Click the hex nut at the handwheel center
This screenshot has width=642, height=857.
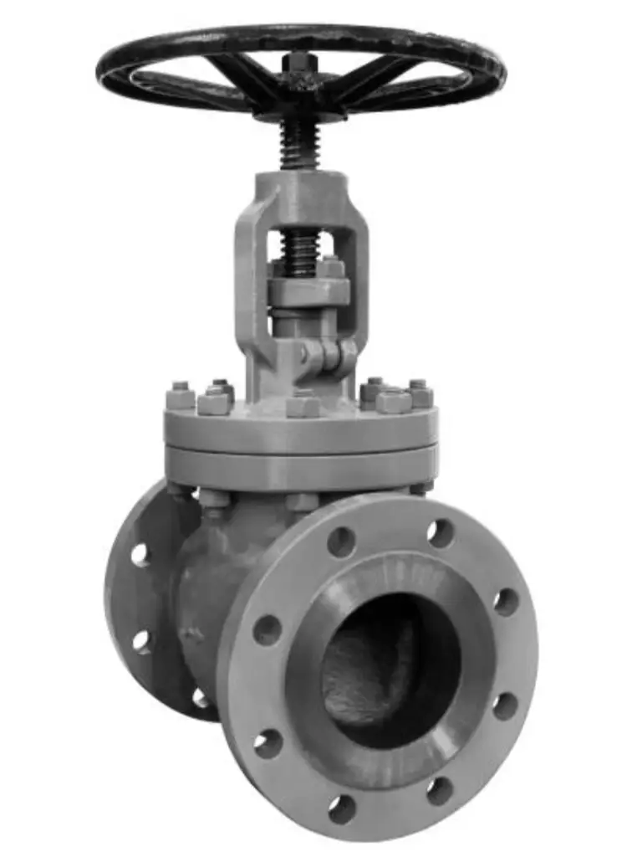[x=298, y=64]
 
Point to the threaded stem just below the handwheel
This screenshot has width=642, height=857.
[x=298, y=142]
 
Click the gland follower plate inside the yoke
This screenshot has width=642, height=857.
[x=308, y=291]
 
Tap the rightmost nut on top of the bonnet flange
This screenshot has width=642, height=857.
[x=420, y=394]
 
